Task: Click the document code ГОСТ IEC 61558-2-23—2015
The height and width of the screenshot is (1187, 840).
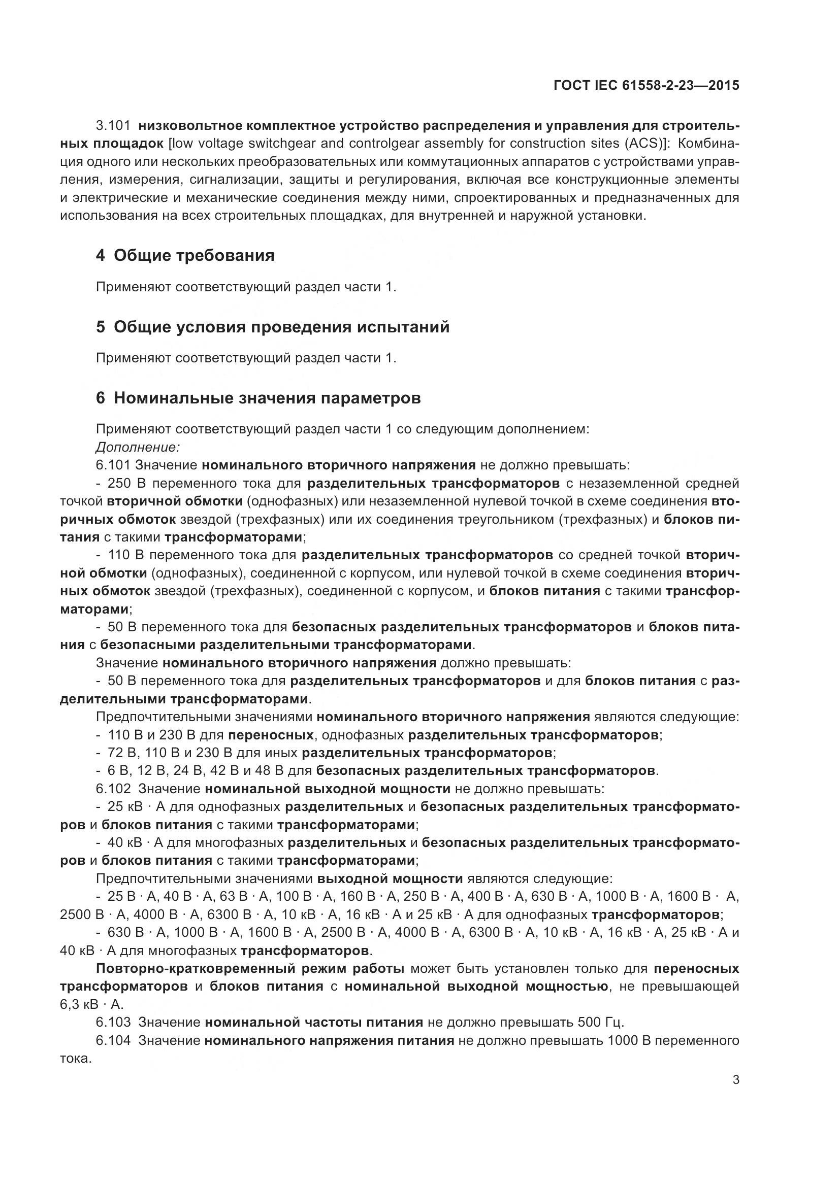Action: coord(646,85)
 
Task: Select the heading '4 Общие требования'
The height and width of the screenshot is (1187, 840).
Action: coord(185,255)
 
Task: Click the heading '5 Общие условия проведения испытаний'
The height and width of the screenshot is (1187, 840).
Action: coord(273,327)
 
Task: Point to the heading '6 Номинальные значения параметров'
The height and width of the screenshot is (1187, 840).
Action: coord(258,398)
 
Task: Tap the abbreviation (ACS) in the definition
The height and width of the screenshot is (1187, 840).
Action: coord(641,144)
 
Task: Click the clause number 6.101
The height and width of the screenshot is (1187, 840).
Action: coord(113,465)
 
